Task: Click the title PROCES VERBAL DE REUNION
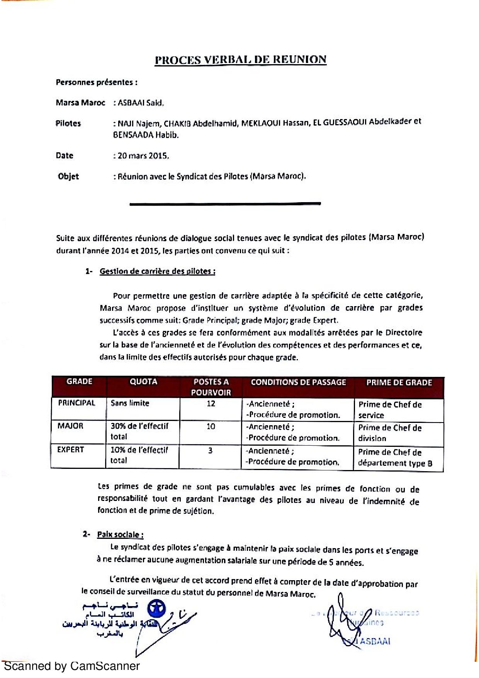pyautogui.click(x=240, y=60)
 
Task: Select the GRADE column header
pyautogui.click(x=79, y=382)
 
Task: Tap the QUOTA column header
pyautogui.click(x=143, y=382)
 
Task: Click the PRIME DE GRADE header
pyautogui.click(x=399, y=383)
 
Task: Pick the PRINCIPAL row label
pyautogui.click(x=76, y=403)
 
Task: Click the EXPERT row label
pyautogui.click(x=70, y=450)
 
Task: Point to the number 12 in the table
pyautogui.click(x=211, y=404)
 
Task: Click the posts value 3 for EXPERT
pyautogui.click(x=211, y=450)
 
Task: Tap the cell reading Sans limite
pyautogui.click(x=130, y=404)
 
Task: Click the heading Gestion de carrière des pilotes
pyautogui.click(x=157, y=271)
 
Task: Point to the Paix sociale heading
pyautogui.click(x=120, y=535)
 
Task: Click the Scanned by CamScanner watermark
pyautogui.click(x=71, y=666)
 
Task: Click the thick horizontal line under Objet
pyautogui.click(x=225, y=203)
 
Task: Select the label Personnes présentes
pyautogui.click(x=97, y=82)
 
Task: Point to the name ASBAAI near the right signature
pyautogui.click(x=376, y=641)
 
